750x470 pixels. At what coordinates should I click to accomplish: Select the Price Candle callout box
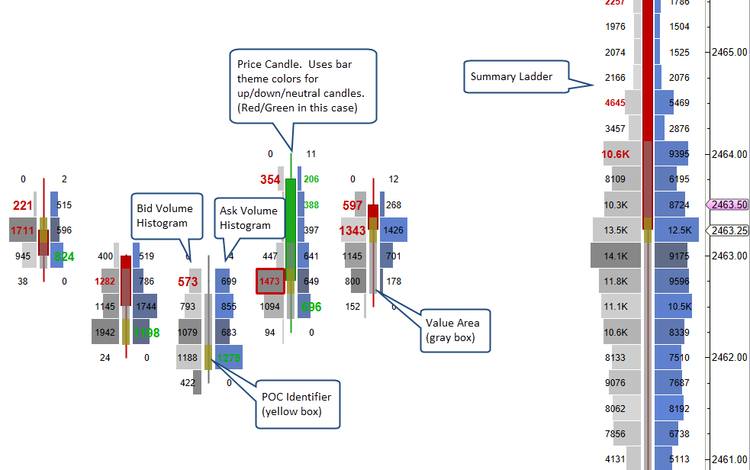click(303, 85)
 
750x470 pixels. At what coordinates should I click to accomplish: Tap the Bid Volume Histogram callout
click(165, 215)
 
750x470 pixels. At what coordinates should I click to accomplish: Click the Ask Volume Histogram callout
click(246, 217)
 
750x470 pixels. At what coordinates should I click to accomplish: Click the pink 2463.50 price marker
click(727, 204)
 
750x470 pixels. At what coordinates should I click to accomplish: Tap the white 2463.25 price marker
click(727, 230)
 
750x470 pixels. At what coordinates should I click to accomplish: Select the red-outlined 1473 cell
click(270, 282)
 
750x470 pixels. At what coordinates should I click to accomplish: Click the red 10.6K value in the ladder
click(615, 155)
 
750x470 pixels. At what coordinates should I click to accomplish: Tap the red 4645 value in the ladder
click(615, 103)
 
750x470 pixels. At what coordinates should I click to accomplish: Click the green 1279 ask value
click(229, 358)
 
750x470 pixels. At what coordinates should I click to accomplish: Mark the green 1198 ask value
click(146, 333)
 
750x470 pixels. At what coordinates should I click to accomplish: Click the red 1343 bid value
click(352, 230)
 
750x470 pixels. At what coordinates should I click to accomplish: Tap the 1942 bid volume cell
click(105, 333)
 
